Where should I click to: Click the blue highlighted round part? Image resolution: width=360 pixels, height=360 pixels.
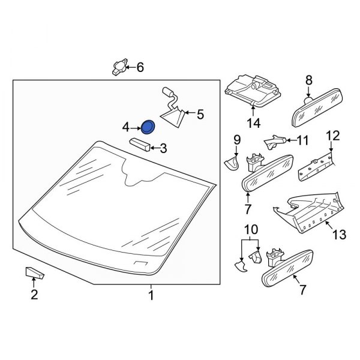(x=147, y=127)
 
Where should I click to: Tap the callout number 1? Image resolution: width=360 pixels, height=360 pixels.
(x=151, y=296)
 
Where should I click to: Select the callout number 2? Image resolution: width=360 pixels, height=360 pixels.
(x=34, y=294)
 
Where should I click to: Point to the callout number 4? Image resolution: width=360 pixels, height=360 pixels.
(x=126, y=127)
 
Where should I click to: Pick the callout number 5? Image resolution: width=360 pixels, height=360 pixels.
(x=200, y=113)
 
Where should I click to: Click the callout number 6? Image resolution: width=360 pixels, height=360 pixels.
(x=140, y=67)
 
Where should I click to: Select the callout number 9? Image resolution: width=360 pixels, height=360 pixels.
(x=236, y=140)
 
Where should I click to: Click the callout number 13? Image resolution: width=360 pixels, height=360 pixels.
(x=340, y=235)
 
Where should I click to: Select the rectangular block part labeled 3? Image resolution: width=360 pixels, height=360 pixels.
(x=140, y=145)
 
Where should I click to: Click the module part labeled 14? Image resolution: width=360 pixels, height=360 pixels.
(x=252, y=90)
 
